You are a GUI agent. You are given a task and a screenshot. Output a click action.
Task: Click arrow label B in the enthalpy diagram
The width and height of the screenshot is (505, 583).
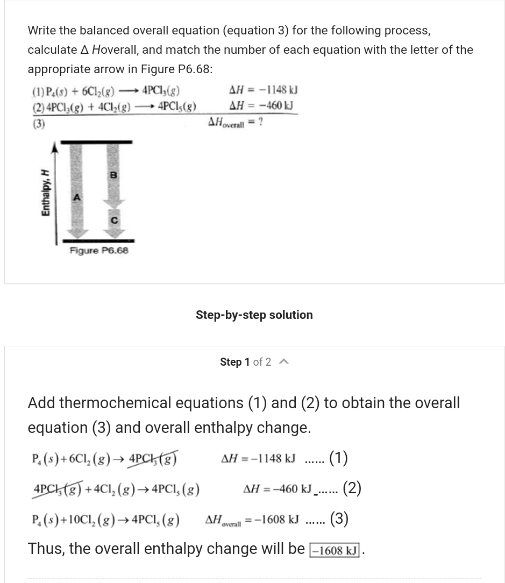[113, 175]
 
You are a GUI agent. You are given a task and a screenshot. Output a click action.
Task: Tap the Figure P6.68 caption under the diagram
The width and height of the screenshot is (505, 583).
[99, 251]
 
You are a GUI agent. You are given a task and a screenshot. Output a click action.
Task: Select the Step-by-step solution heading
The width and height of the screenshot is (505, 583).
[254, 315]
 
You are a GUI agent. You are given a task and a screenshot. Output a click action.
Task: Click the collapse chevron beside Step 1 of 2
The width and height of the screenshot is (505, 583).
[284, 362]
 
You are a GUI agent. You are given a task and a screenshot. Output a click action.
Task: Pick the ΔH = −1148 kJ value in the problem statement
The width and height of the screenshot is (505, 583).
[264, 90]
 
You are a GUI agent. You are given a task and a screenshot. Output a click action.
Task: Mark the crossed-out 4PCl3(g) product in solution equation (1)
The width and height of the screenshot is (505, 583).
[153, 459]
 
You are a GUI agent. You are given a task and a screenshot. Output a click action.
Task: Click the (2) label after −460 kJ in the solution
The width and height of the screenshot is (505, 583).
[352, 488]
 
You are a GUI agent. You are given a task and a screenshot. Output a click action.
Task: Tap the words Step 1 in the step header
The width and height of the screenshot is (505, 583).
[234, 362]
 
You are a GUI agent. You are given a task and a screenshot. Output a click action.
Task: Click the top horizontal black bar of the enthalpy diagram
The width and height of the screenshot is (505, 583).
[96, 142]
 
